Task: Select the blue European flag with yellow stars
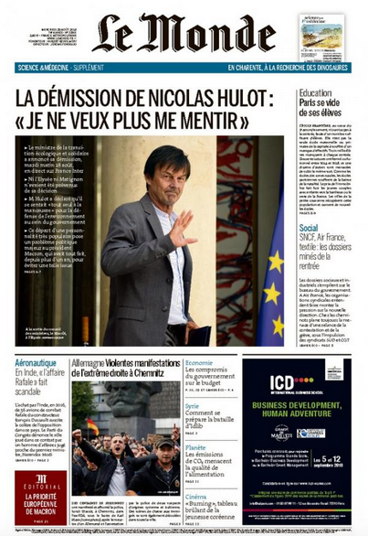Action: [272, 290]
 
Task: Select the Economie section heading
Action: [199, 363]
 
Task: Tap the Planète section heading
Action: [195, 447]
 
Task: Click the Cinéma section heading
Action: [196, 496]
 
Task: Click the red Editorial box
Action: [39, 498]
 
